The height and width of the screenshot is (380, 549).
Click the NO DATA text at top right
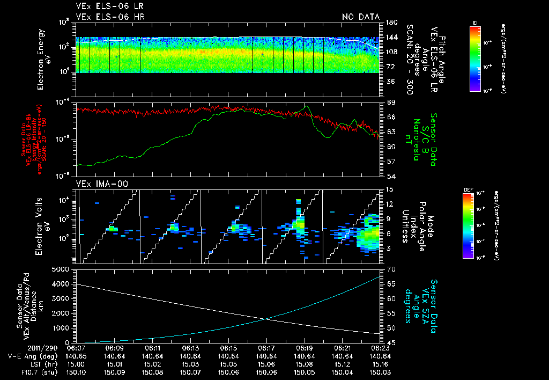[361, 17]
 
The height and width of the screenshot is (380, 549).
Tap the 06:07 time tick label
[77, 348]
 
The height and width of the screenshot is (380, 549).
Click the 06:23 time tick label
[380, 348]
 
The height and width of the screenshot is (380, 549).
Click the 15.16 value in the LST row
[380, 364]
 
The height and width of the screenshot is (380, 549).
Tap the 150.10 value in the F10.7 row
[77, 372]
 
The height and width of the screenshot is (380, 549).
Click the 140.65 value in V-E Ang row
[77, 356]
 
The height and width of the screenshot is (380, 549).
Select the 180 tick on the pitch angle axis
[390, 22]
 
